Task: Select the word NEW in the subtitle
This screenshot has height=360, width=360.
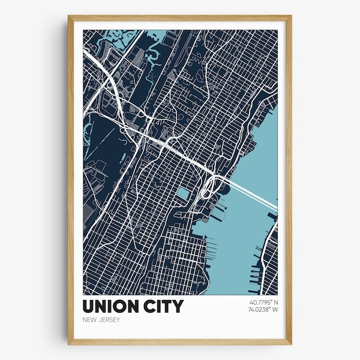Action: click(x=89, y=319)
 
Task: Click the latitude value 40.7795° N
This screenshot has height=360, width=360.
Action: click(x=262, y=301)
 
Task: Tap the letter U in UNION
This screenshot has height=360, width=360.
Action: click(x=90, y=307)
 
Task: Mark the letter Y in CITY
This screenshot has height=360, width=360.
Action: click(x=177, y=307)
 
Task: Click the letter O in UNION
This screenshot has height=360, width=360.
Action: click(x=119, y=307)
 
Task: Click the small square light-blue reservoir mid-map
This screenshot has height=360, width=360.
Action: click(x=182, y=193)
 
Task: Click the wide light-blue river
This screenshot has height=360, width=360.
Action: click(x=240, y=240)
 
